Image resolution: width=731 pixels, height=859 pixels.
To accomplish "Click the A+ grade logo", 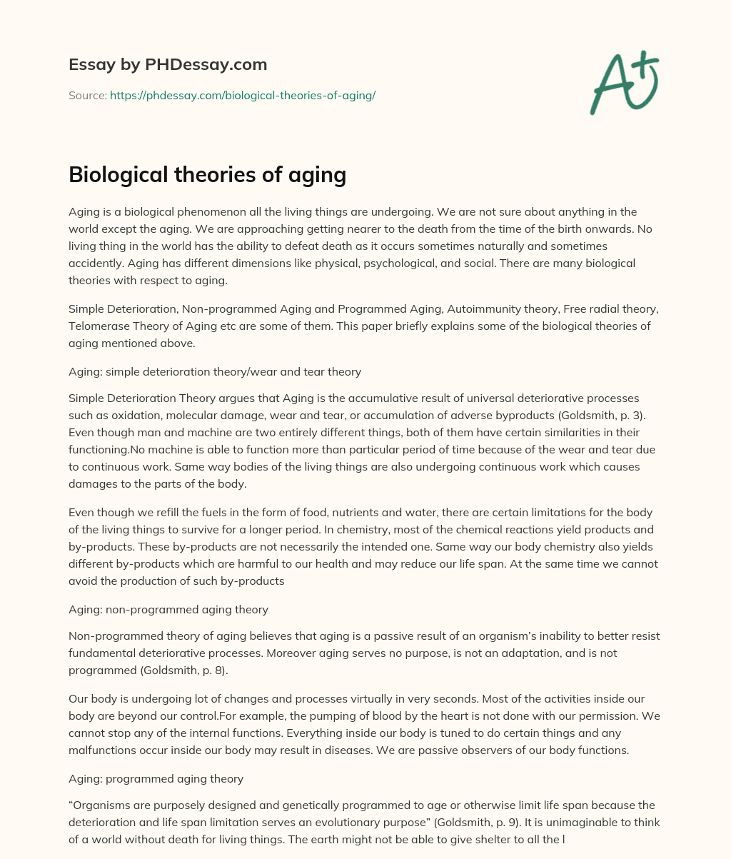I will click(624, 84).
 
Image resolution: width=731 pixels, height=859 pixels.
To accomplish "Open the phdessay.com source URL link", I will click(243, 95).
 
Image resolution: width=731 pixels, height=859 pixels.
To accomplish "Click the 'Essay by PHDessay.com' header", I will click(168, 64).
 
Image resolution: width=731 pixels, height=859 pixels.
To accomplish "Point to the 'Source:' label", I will click(88, 95).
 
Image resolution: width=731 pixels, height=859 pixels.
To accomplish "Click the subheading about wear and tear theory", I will click(215, 371).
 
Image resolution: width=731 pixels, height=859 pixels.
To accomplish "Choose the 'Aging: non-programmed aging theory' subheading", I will click(168, 609).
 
